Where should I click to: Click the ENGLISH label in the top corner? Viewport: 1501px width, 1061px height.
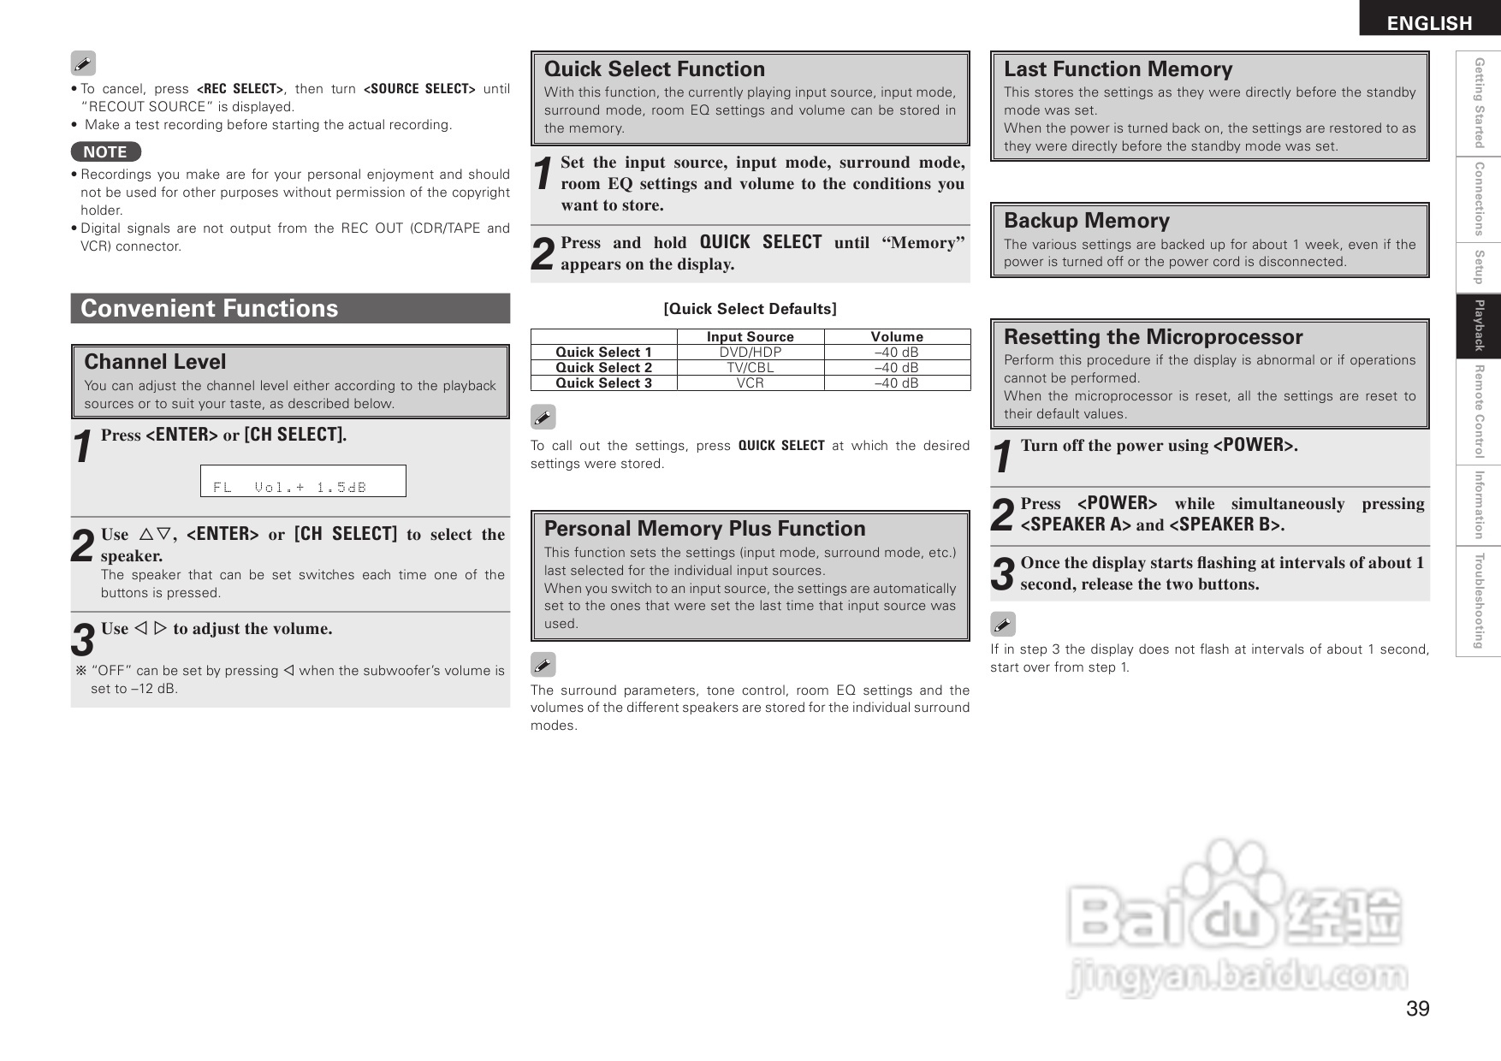(x=1429, y=23)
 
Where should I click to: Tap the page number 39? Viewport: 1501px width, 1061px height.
(x=1417, y=1009)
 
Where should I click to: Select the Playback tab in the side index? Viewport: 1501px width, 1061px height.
(x=1478, y=326)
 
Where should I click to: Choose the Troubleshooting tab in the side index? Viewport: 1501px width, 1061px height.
(x=1478, y=602)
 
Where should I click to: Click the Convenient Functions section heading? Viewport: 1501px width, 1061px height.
(x=210, y=308)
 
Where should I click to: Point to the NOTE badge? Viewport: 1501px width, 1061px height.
(x=105, y=151)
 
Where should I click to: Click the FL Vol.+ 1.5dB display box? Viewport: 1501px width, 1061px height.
(x=303, y=481)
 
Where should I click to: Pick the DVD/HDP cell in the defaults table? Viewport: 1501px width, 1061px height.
(x=750, y=353)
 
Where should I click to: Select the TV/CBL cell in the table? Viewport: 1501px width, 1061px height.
(x=750, y=368)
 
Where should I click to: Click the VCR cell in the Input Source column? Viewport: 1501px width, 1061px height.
(x=750, y=383)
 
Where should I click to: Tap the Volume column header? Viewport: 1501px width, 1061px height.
(x=897, y=337)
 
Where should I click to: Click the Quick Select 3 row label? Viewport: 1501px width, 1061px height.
(x=603, y=383)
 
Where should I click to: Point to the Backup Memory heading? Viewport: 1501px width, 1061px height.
(x=1086, y=221)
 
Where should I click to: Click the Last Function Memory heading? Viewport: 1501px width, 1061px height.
(x=1118, y=69)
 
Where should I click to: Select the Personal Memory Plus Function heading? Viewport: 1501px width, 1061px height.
(x=704, y=529)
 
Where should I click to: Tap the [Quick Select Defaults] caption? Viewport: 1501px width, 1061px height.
(x=750, y=309)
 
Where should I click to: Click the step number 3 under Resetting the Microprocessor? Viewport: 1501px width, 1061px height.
(x=1002, y=574)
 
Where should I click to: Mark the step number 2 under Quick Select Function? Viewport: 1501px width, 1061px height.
(x=543, y=254)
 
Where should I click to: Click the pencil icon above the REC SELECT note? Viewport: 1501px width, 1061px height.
(x=83, y=63)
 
